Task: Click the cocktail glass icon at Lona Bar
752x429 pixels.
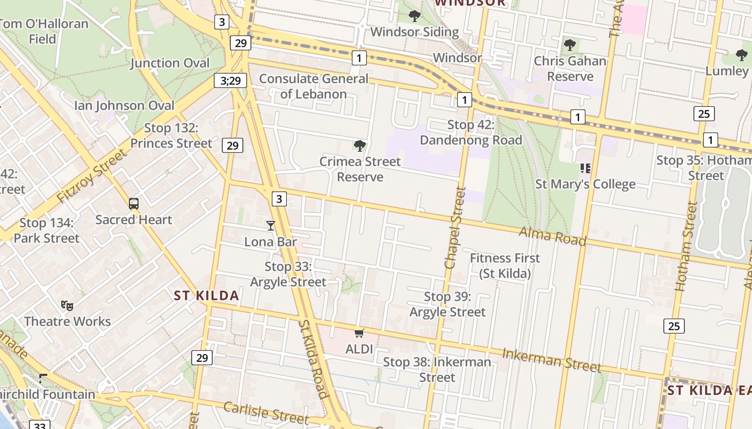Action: click(271, 226)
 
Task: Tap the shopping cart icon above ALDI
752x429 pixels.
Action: click(359, 334)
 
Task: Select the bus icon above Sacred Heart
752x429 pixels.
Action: click(134, 204)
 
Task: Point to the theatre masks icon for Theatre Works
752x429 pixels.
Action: click(67, 306)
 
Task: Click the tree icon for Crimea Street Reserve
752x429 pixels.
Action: click(360, 145)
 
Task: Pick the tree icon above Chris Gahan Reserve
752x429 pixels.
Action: click(570, 45)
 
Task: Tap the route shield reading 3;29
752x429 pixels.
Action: click(230, 81)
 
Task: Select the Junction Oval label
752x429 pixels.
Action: click(170, 63)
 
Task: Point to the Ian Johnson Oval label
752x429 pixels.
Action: click(125, 105)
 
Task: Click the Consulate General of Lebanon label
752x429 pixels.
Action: click(314, 86)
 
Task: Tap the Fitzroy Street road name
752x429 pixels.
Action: click(92, 176)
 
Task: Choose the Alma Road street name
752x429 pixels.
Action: click(552, 236)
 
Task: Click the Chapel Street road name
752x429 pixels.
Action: click(454, 227)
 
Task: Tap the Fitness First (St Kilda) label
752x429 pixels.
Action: click(505, 265)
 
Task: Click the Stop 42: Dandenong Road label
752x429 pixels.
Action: click(471, 132)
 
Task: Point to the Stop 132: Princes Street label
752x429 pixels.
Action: click(171, 136)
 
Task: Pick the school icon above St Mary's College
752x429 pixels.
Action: click(585, 168)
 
